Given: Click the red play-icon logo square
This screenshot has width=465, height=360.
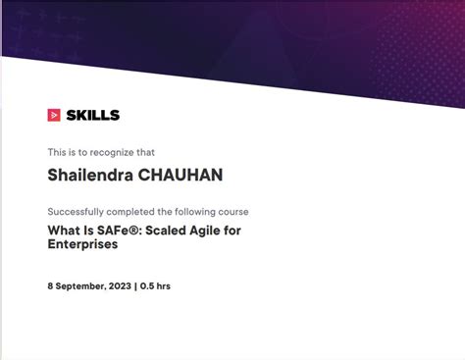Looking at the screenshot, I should pos(54,115).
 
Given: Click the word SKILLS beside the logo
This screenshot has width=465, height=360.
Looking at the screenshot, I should pos(92,115).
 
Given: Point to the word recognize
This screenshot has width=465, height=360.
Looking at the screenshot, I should pos(113,152).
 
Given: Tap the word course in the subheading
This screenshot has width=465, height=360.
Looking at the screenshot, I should pos(231,212).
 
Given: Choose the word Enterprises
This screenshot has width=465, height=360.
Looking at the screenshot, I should pos(82,244).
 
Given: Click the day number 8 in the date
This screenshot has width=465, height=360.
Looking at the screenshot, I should pos(51,286).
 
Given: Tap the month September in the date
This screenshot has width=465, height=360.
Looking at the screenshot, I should pos(80,286).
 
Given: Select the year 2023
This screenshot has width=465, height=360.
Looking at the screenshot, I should pos(119,286).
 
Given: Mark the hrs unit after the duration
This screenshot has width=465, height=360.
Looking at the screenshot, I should pos(164,286).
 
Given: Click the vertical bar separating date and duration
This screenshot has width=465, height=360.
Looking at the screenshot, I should pos(135,286).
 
